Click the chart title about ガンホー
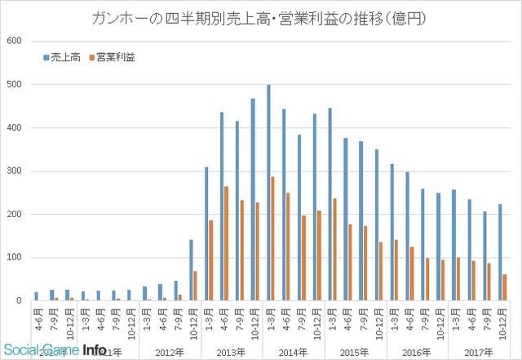click(x=261, y=16)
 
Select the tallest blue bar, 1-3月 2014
click(x=268, y=193)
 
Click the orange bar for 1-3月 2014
click(x=272, y=238)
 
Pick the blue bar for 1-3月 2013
click(x=206, y=233)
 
